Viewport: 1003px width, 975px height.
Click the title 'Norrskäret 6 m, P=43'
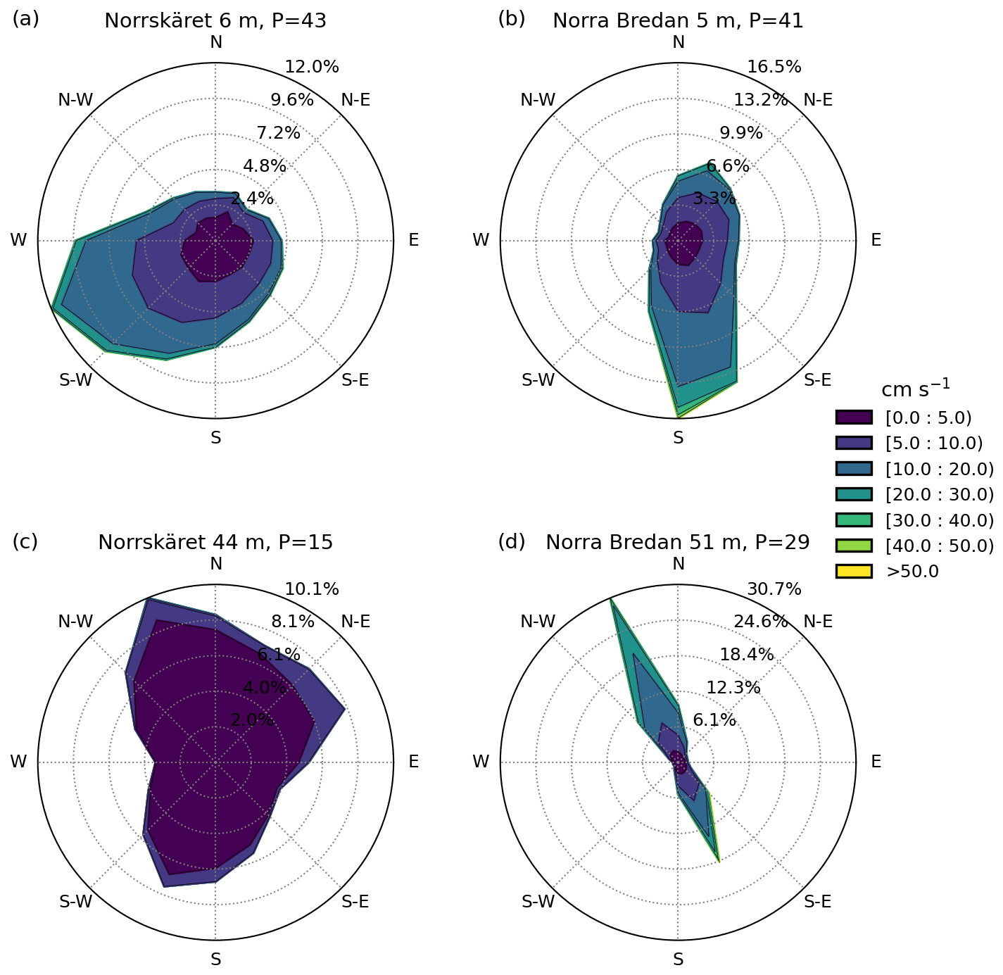click(215, 20)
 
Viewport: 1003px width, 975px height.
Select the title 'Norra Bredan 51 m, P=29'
click(677, 542)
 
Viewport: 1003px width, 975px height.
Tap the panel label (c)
click(25, 541)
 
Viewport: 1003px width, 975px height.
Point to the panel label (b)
click(512, 19)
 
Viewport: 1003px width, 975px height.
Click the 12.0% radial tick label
click(312, 67)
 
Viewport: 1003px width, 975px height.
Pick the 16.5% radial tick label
click(774, 67)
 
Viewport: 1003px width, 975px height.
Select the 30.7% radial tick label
click(774, 589)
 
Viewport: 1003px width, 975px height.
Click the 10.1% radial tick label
click(312, 589)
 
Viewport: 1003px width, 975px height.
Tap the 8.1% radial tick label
click(293, 622)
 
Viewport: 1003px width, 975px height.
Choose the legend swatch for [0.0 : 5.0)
click(854, 417)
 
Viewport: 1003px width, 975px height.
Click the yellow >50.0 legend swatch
click(854, 571)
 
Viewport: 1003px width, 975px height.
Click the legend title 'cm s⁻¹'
click(916, 389)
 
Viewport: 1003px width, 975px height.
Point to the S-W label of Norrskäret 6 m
click(75, 381)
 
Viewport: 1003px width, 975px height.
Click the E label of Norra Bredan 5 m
click(876, 240)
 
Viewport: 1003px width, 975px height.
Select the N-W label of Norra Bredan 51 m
click(538, 622)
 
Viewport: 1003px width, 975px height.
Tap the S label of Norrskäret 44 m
click(215, 960)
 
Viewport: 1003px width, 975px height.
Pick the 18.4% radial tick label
click(747, 655)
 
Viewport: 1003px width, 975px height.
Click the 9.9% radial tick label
click(741, 132)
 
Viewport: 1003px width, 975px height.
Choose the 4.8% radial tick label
click(265, 166)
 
